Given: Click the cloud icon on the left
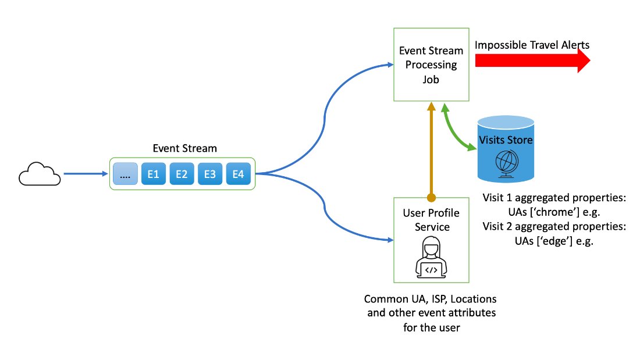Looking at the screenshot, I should tap(40, 174).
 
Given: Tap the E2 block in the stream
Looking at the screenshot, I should tap(182, 174).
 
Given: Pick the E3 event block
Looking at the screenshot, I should tap(210, 174).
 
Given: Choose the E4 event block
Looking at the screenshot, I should tap(238, 174).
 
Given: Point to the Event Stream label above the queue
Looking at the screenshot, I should tap(184, 148).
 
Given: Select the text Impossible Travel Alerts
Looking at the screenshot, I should tap(531, 45).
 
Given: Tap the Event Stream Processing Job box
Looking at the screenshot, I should tap(431, 66).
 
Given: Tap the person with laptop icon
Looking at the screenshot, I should tap(431, 259).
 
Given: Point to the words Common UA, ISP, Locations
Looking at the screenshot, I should tap(431, 300).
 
